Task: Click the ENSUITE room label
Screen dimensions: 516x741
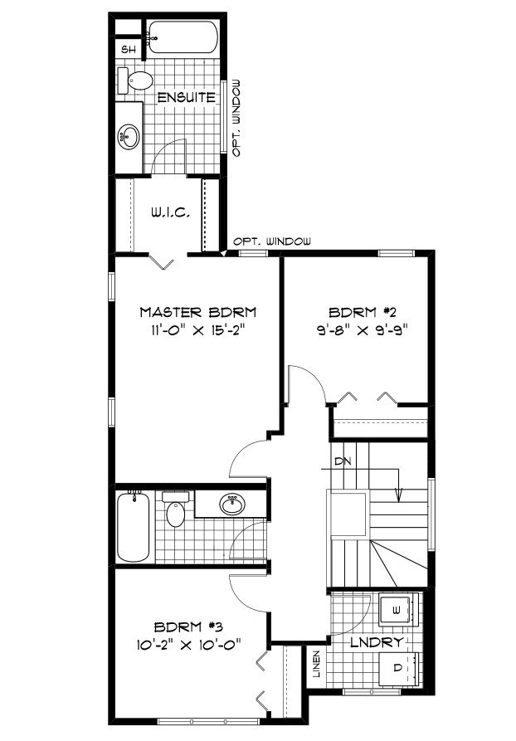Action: (186, 97)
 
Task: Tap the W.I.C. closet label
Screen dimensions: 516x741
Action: (171, 213)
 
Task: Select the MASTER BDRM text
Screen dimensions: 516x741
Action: (198, 312)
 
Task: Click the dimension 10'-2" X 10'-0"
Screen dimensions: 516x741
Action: (189, 644)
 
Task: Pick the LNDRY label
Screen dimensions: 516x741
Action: (377, 642)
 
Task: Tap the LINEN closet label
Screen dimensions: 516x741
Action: (317, 664)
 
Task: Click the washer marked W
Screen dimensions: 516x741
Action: (397, 610)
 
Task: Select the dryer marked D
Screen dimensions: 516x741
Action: (398, 668)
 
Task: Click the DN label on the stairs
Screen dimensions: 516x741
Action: (343, 461)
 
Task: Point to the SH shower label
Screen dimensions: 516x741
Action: (129, 49)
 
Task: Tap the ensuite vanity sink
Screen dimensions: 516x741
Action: (129, 136)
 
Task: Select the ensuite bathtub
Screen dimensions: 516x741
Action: (183, 37)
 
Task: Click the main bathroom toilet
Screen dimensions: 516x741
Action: (176, 509)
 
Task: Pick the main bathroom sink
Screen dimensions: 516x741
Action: (232, 504)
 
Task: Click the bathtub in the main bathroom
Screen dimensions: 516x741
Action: (134, 525)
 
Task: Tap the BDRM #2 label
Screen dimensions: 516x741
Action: (362, 312)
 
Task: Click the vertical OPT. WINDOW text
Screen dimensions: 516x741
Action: (236, 118)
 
